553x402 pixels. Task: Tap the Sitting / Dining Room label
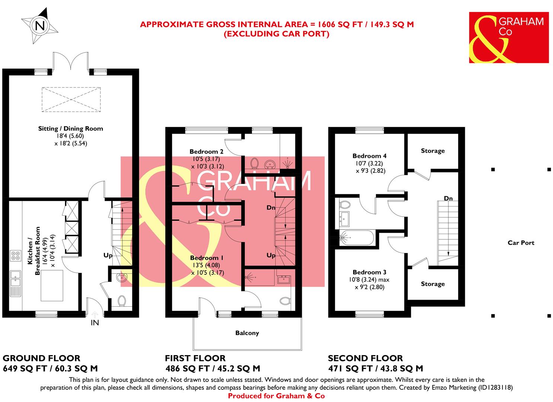[71, 129]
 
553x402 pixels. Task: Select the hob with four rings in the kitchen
[16, 256]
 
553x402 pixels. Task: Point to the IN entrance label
[95, 323]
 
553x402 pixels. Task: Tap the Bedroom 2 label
[206, 152]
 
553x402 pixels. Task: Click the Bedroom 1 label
[207, 258]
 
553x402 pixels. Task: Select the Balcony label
[247, 333]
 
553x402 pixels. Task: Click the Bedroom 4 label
[367, 156]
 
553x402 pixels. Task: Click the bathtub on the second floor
[357, 237]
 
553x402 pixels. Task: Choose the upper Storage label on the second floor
[433, 151]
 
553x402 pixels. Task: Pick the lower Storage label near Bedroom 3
[433, 284]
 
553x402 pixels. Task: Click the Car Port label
[521, 243]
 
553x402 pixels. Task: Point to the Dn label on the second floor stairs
[448, 198]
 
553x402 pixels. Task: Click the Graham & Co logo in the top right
[508, 37]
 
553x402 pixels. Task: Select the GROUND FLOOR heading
[41, 358]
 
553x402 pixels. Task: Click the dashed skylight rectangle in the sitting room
[71, 99]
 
